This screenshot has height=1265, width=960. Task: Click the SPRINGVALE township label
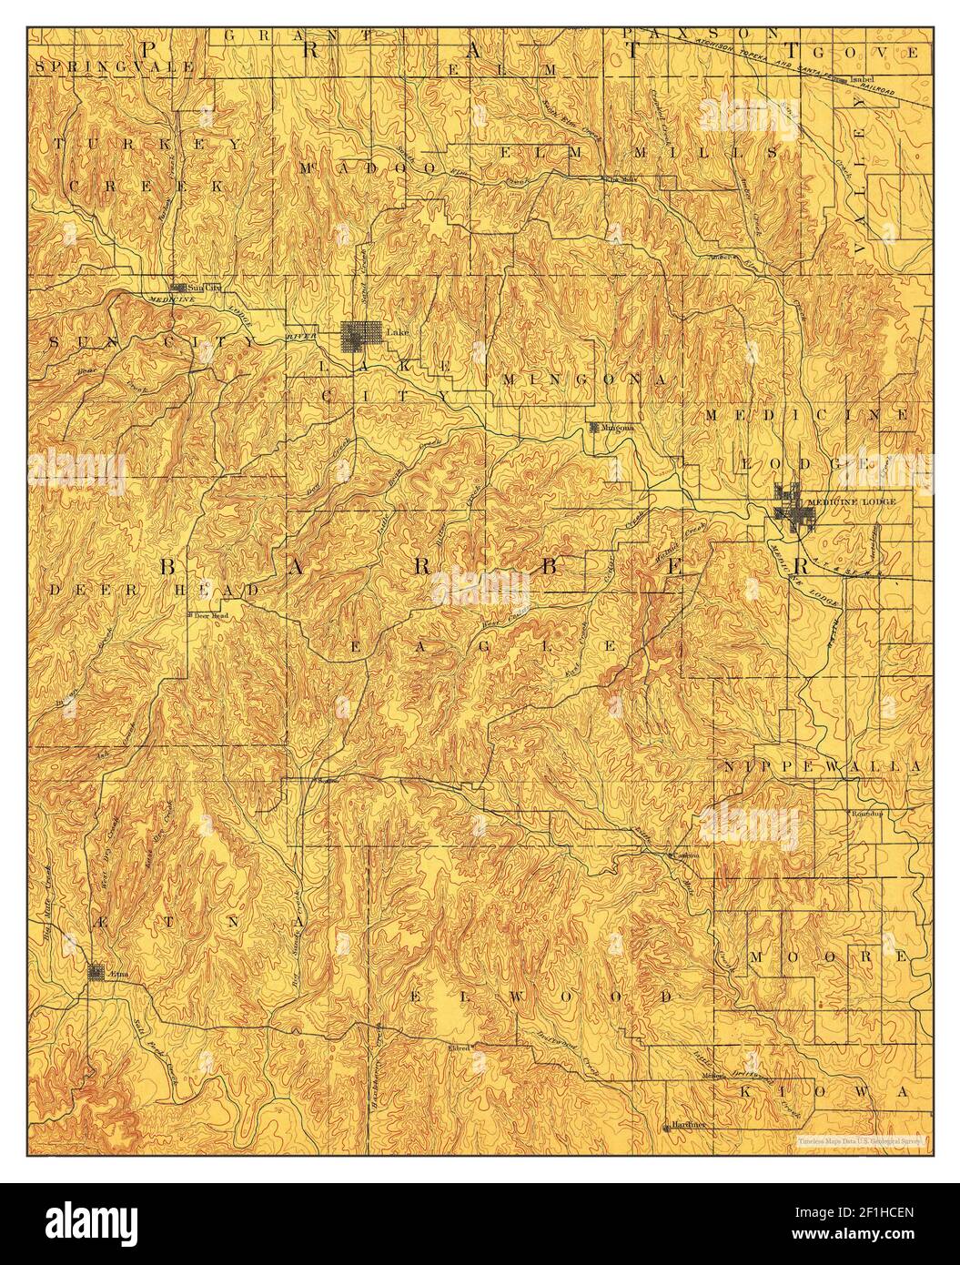113,66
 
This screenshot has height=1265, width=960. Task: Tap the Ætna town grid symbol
96,972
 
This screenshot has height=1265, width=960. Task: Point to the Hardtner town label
691,1126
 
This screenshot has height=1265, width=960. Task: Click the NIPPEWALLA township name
823,767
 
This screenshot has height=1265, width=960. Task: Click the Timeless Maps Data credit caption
860,1139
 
